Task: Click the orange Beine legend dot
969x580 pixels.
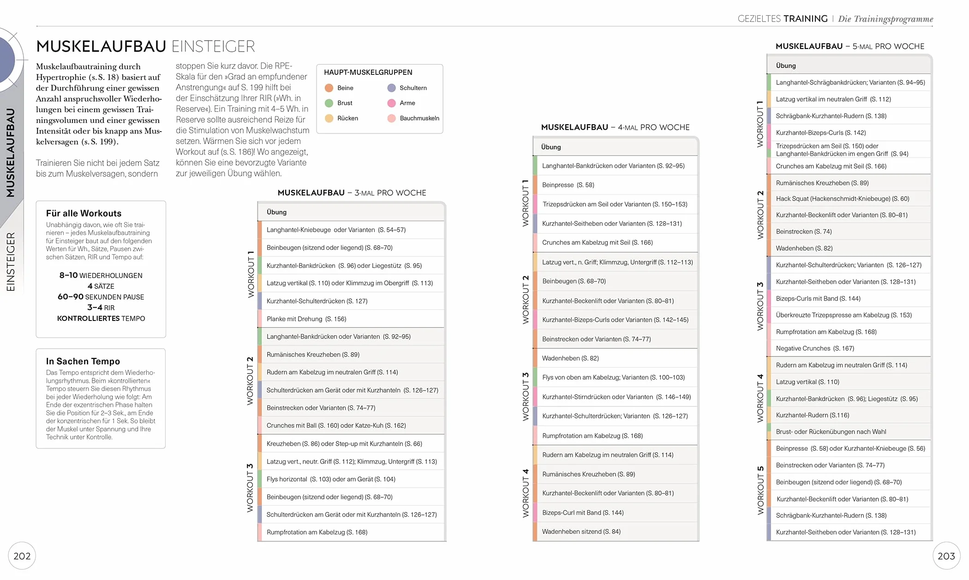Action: [x=329, y=88]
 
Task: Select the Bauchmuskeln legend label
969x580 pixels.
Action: [x=419, y=118]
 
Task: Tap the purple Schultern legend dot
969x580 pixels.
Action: [x=392, y=88]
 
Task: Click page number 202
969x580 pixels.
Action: [x=22, y=556]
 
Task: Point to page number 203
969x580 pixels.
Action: [x=946, y=556]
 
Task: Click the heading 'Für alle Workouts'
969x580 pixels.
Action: [x=84, y=213]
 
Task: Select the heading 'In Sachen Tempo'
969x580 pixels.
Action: [x=83, y=361]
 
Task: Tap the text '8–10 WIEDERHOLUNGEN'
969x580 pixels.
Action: [x=101, y=275]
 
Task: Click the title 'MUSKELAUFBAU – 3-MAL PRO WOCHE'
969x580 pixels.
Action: [x=352, y=193]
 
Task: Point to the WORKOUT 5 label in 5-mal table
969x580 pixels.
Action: [x=760, y=490]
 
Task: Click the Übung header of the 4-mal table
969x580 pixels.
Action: [x=551, y=147]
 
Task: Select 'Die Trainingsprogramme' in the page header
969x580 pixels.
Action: [x=885, y=19]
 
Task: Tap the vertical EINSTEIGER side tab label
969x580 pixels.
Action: [x=11, y=261]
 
